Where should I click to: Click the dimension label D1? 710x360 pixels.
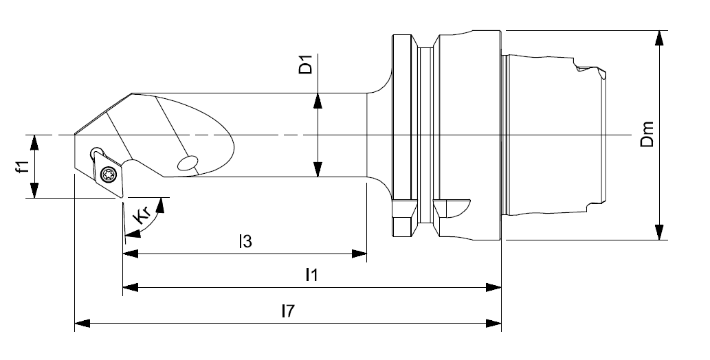click(x=307, y=64)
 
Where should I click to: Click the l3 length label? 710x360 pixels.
click(x=245, y=241)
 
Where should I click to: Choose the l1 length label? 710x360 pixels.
click(x=311, y=274)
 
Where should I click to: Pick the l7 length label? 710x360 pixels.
click(x=287, y=310)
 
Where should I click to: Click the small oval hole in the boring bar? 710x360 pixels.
click(x=186, y=163)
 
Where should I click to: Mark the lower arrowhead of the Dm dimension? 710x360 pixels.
click(x=659, y=232)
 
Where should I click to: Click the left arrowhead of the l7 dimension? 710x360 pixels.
click(x=82, y=322)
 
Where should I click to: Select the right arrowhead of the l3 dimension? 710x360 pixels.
click(x=358, y=254)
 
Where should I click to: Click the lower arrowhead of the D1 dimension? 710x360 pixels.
click(x=318, y=168)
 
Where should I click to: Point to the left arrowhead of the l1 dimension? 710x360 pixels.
click(x=131, y=286)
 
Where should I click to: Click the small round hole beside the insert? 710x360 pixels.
click(x=95, y=150)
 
